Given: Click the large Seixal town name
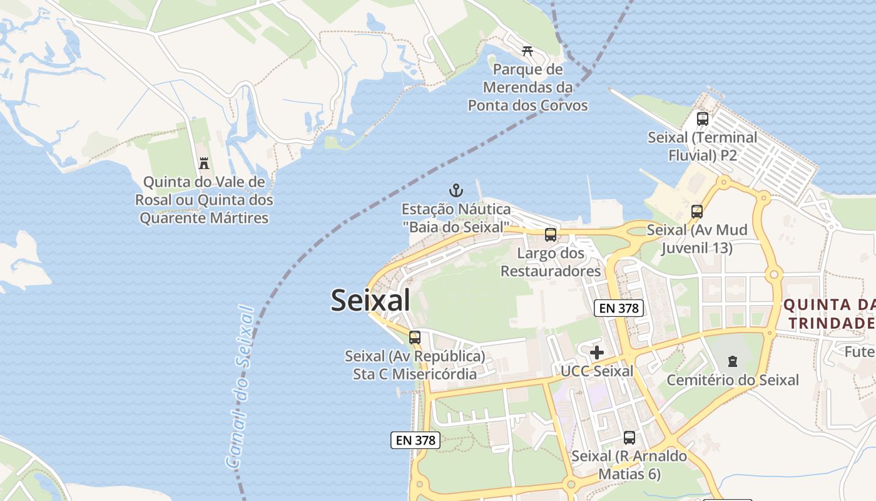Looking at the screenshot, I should [x=370, y=300].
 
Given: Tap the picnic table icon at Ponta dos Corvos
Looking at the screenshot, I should [x=527, y=51].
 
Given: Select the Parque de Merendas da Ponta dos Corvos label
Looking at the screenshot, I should [x=528, y=87].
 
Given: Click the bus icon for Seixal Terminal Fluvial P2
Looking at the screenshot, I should [x=702, y=118].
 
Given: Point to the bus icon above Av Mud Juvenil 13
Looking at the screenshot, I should [x=697, y=212].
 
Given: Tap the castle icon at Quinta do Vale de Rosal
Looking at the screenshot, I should [x=204, y=163].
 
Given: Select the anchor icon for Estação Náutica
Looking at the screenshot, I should [x=456, y=190].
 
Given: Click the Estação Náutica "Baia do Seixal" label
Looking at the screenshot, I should [x=456, y=218].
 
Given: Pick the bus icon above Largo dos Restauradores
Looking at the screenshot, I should [x=551, y=235].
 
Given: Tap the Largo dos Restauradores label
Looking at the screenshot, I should [x=551, y=262].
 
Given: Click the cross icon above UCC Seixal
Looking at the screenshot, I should [x=597, y=353].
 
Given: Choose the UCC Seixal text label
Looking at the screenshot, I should [x=597, y=371].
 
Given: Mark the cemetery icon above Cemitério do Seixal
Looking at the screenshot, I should [x=733, y=361].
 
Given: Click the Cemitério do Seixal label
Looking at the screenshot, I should [x=733, y=380].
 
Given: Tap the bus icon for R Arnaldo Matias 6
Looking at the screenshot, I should [x=629, y=438].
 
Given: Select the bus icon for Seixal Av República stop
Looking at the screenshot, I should [x=415, y=338].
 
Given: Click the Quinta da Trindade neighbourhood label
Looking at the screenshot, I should [x=829, y=314].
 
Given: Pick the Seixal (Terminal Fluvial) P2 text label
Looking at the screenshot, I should [x=702, y=146].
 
